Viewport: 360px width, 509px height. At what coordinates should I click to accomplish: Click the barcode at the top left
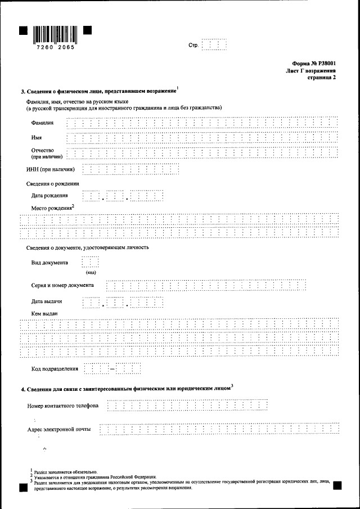coord(55,35)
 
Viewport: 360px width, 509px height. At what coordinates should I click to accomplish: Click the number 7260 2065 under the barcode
coord(55,48)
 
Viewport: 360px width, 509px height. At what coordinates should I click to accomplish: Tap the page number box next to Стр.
coord(214,45)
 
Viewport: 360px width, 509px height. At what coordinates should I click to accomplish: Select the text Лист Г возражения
coord(310,71)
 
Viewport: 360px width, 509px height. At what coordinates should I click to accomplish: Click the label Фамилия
coord(43,123)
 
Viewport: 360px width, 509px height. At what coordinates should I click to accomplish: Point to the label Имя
coord(37,137)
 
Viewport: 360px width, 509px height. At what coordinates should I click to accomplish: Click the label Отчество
coord(42,150)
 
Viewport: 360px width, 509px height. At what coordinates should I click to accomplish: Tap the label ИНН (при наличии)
coord(51,169)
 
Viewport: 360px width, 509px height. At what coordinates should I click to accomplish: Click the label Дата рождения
coord(49,196)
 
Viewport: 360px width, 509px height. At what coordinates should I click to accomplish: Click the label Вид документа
coord(49,262)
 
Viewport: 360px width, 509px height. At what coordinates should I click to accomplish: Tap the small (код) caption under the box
coord(91,272)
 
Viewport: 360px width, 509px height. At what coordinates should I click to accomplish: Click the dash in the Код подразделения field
coord(112,369)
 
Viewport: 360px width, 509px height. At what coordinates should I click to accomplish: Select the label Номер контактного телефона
coord(62,406)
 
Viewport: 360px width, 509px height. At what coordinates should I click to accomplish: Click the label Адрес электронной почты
coord(59,430)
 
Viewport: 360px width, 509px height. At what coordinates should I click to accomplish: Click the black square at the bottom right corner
coord(337,484)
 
